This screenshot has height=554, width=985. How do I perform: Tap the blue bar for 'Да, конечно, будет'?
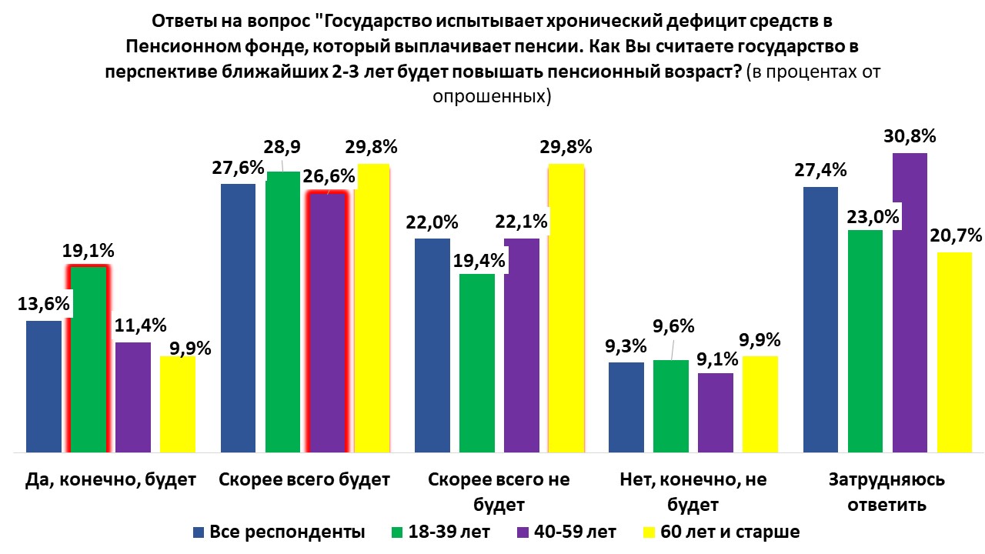click(x=43, y=385)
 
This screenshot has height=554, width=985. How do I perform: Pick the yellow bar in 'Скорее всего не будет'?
click(x=566, y=308)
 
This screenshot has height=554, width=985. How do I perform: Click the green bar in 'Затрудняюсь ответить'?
click(x=866, y=340)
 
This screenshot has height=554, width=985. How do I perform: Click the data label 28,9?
click(x=283, y=146)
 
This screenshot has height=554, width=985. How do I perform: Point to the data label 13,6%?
click(x=43, y=304)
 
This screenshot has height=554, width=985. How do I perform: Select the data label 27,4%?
click(x=820, y=170)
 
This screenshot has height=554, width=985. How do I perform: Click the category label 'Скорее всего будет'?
click(x=305, y=479)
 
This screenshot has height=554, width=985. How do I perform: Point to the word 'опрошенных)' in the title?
click(x=492, y=97)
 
